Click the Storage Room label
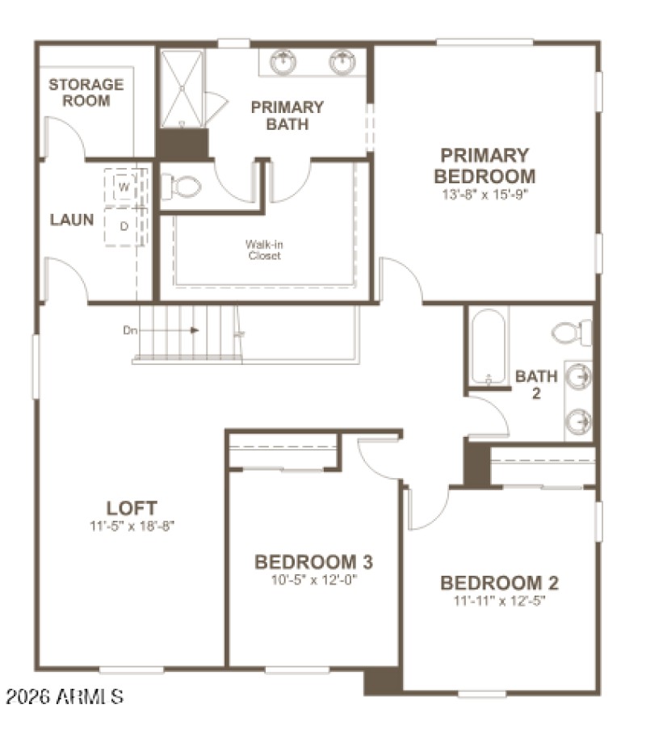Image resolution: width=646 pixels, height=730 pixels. point(86,92)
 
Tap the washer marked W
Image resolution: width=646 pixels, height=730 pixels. point(124,187)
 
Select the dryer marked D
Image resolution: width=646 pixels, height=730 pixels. point(124,226)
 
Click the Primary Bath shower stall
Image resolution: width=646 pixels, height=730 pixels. point(181,88)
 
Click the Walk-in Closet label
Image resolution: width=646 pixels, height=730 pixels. point(264,250)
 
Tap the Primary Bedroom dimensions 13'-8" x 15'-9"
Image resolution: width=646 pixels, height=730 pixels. point(484,195)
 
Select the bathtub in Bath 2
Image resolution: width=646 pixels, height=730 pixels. point(487,346)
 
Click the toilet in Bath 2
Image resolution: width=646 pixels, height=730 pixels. point(573,332)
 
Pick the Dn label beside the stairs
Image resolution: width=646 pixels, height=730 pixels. point(130,329)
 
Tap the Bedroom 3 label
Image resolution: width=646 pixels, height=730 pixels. point(313,562)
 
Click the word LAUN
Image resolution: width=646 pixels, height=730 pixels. point(72,220)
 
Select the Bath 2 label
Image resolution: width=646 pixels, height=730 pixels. point(536,384)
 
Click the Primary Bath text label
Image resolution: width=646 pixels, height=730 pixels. point(287,115)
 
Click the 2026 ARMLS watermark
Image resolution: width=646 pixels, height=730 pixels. point(64,695)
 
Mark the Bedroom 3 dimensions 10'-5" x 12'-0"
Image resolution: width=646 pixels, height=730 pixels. point(313,579)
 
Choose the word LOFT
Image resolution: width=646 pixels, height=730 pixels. point(132,508)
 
